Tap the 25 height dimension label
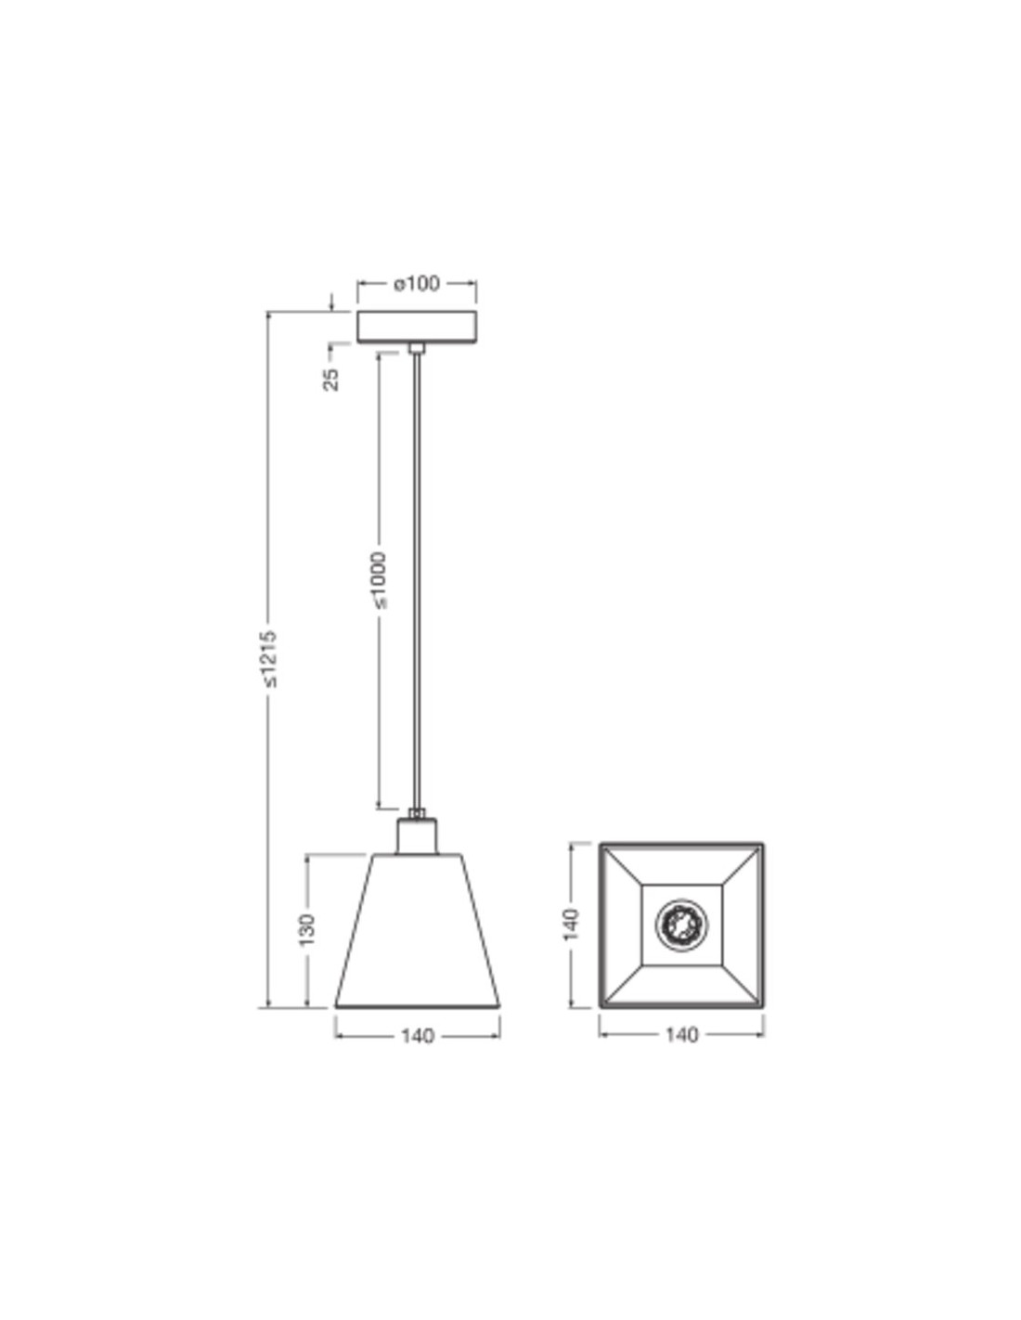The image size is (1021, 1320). tap(331, 379)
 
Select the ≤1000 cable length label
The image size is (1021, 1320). tap(378, 579)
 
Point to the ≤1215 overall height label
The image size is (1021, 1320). tap(268, 659)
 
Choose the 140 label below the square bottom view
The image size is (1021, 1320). tap(681, 1034)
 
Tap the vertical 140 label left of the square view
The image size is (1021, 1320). tap(571, 924)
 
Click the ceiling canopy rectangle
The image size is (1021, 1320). tap(416, 327)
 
